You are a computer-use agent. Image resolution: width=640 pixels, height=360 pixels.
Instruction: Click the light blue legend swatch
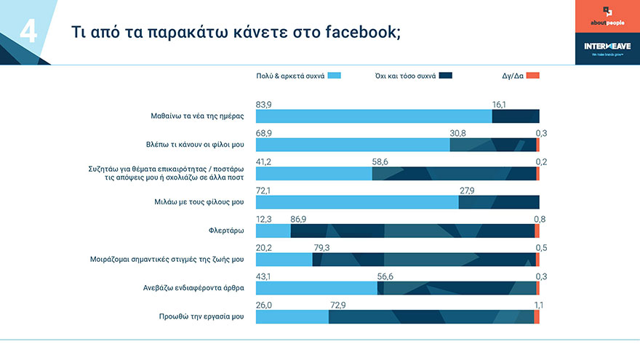pyautogui.click(x=334, y=76)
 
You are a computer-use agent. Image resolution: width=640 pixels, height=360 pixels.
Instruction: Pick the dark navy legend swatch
pyautogui.click(x=446, y=76)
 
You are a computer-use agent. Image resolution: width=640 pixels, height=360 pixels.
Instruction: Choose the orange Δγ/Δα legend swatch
pyautogui.click(x=533, y=76)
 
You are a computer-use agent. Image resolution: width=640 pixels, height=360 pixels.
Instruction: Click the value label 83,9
pyautogui.click(x=264, y=105)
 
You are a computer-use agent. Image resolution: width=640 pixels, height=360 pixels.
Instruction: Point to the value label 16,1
pyautogui.click(x=499, y=105)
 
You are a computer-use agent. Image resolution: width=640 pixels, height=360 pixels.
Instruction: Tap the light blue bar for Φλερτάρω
pyautogui.click(x=273, y=231)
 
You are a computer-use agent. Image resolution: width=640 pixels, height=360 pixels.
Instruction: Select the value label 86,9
pyautogui.click(x=298, y=219)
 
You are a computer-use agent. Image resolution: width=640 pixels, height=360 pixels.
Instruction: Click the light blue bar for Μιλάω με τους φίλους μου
pyautogui.click(x=357, y=202)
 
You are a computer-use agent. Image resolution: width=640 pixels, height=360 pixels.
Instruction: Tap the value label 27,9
pyautogui.click(x=466, y=191)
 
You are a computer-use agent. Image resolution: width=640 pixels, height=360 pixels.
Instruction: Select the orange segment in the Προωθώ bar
pyautogui.click(x=537, y=316)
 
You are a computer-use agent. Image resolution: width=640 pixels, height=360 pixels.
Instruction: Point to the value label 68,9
pyautogui.click(x=264, y=133)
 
